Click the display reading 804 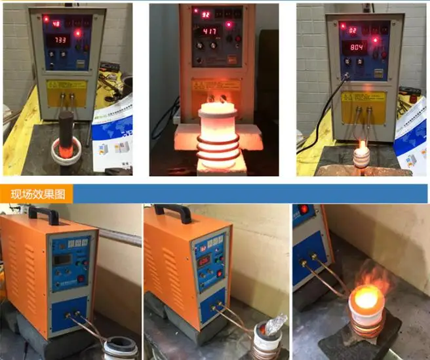pyautogui.click(x=358, y=47)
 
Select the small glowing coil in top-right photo pyautogui.click(x=361, y=155)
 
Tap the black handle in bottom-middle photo pyautogui.click(x=172, y=212)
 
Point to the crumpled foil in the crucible pyautogui.click(x=273, y=325)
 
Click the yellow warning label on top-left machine pyautogui.click(x=66, y=86)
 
